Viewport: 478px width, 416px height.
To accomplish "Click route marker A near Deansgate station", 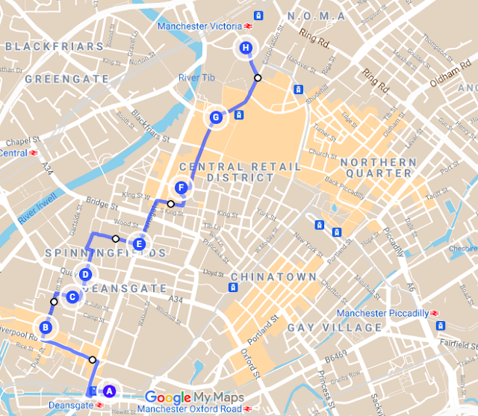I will pos(108,390).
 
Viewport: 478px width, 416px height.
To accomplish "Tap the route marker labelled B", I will pos(46,327).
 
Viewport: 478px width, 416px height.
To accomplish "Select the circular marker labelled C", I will pos(72,297).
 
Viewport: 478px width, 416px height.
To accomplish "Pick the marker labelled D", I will pos(86,274).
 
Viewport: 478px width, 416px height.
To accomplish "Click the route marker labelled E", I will pos(140,243).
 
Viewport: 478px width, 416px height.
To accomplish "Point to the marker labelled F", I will pos(180,187).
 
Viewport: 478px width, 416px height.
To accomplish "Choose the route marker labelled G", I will pos(216,117).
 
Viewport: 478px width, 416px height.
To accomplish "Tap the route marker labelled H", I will pos(246,49).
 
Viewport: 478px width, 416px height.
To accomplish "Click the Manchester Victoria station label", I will pos(199,28).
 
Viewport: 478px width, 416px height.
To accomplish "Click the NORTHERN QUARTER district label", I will pos(388,167).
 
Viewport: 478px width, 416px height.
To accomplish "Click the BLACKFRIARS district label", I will pos(53,46).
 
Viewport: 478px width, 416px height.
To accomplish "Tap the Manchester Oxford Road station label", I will pos(190,409).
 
